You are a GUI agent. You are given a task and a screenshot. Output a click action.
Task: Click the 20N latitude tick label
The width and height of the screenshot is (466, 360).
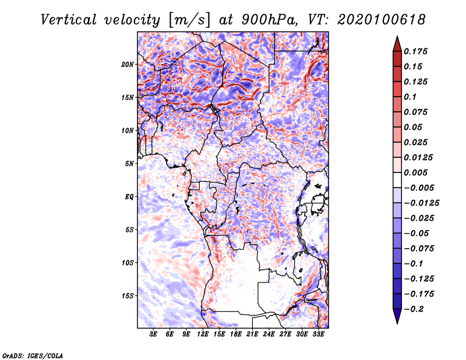128,64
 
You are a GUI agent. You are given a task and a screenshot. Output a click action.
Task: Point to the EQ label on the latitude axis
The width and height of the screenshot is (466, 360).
129,196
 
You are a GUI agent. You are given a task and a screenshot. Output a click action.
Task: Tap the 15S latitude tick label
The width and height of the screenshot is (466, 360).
128,295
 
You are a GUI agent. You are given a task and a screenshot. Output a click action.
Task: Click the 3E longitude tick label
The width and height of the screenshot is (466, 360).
154,334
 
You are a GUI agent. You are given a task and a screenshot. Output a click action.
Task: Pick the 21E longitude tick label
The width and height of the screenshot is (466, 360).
252,334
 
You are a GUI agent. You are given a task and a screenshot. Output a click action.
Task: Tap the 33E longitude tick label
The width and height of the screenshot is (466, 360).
318,334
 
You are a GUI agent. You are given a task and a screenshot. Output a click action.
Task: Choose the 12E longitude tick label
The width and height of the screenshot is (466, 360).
203,334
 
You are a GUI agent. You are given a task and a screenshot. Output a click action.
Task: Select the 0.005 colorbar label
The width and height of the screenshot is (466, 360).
417,172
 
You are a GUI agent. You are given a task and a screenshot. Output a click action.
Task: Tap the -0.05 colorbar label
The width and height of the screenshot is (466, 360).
417,233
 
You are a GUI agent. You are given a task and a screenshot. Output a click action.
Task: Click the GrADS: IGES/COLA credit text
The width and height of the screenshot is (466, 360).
32,355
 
